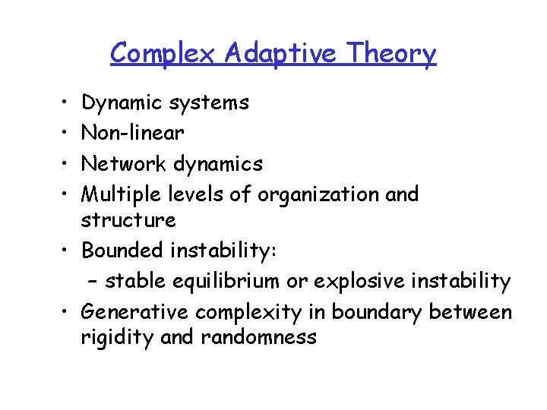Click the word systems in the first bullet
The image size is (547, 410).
210,102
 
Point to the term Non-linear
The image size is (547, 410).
132,133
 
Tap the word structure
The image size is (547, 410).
128,220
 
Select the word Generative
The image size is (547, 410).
135,312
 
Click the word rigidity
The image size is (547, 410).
118,337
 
